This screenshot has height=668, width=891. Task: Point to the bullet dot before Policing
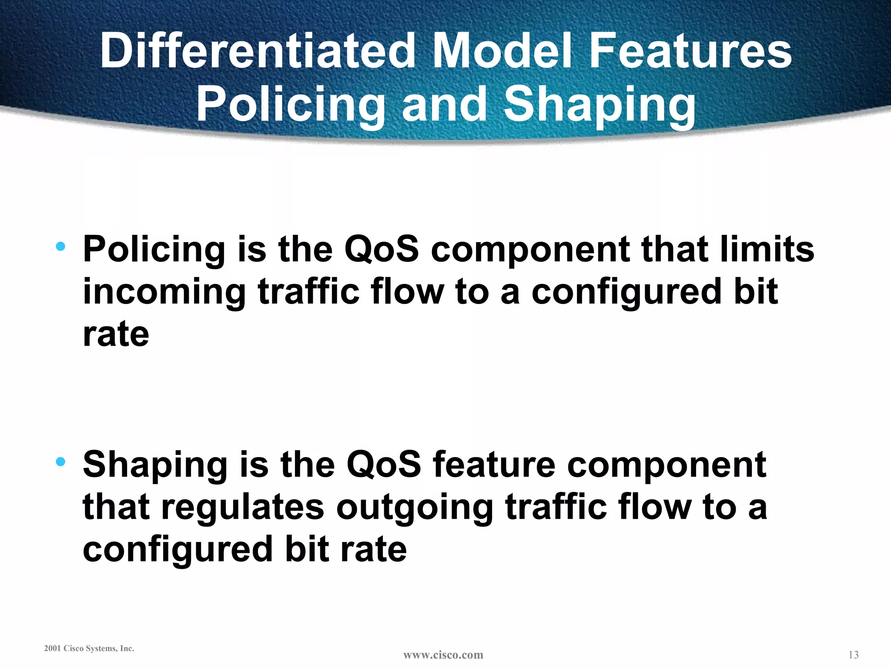[60, 247]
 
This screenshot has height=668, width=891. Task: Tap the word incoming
[164, 292]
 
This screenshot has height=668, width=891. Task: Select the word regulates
[243, 507]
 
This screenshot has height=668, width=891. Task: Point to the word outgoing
[415, 507]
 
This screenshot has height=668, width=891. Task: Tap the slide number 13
[853, 655]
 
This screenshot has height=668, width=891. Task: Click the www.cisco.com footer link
[443, 655]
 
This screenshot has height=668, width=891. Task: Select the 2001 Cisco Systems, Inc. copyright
[89, 648]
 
